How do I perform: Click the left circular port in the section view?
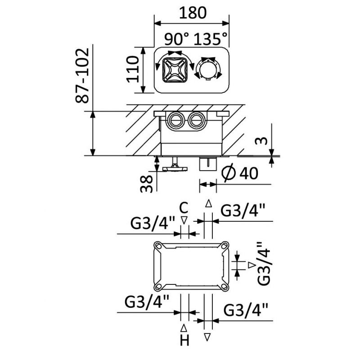pyautogui.click(x=174, y=120)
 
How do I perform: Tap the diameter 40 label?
pyautogui.click(x=241, y=173)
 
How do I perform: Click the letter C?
pyautogui.click(x=184, y=208)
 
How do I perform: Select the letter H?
pyautogui.click(x=184, y=341)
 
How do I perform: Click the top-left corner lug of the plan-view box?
pyautogui.click(x=158, y=246)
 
